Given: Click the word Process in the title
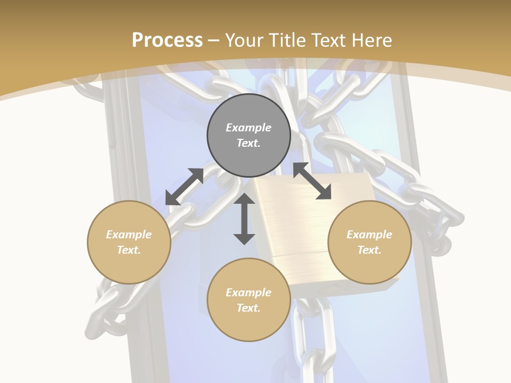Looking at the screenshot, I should point(167,40).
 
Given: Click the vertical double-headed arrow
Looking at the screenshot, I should point(244,219).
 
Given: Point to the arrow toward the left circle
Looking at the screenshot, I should point(184,187).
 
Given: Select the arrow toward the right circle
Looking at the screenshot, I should point(312,181).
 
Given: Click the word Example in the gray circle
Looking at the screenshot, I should point(249,128).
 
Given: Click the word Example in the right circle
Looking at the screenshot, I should point(369,235).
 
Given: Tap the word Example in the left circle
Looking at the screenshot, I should point(129,235).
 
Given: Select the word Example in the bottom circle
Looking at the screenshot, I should point(249,293).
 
